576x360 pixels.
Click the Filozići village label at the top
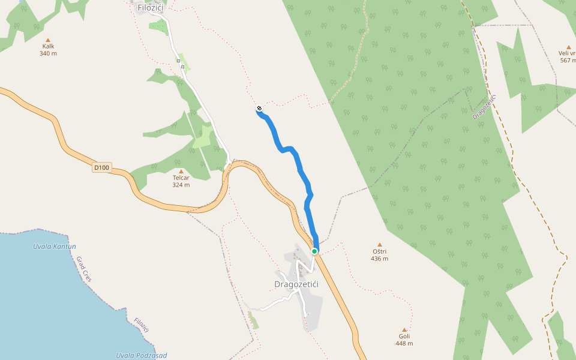[150, 8]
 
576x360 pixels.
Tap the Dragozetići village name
[296, 284]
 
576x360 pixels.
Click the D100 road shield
[101, 168]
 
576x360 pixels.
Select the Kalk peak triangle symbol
[49, 38]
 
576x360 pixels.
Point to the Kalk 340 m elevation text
[48, 53]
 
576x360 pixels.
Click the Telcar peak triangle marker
[181, 171]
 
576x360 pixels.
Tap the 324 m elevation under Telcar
[181, 185]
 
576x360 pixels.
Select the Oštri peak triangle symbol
[379, 244]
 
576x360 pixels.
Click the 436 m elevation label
[379, 259]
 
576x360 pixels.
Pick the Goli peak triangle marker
[404, 329]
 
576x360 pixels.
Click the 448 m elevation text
[404, 343]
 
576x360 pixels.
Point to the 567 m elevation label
[567, 60]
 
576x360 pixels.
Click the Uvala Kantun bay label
[54, 247]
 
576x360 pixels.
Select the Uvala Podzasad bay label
[142, 355]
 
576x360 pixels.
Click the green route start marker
[314, 251]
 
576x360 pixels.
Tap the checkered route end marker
[259, 109]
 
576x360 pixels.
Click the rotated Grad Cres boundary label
[83, 270]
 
